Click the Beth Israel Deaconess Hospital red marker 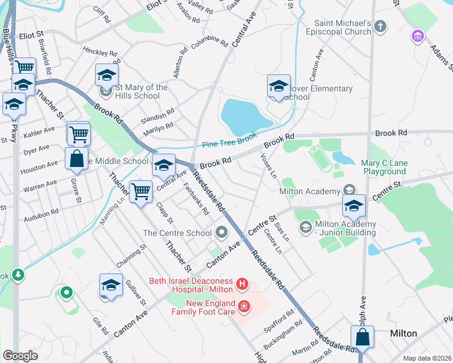pyautogui.click(x=242, y=283)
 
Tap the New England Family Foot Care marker pyautogui.click(x=243, y=307)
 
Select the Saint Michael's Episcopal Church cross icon pyautogui.click(x=380, y=27)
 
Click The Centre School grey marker pyautogui.click(x=222, y=232)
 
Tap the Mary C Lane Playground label pyautogui.click(x=392, y=167)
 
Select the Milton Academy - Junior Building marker pyautogui.click(x=305, y=227)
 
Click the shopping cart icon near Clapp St pyautogui.click(x=141, y=192)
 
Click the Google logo pyautogui.click(x=20, y=356)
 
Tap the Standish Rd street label pyautogui.click(x=157, y=114)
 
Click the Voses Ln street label pyautogui.click(x=268, y=165)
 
